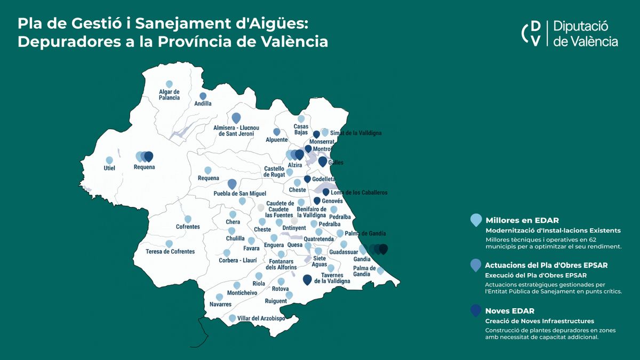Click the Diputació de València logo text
[x=586, y=34]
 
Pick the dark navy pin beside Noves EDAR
[x=476, y=311]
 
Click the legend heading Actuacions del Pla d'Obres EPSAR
[x=546, y=265]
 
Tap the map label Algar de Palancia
[x=169, y=95]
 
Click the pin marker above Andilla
[x=203, y=97]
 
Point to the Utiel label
[x=109, y=168]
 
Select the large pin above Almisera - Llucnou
[x=236, y=117]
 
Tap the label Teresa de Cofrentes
[x=170, y=251]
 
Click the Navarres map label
[x=221, y=305]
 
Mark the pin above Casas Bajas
[x=301, y=118]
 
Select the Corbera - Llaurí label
[x=237, y=260]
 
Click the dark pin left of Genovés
[x=317, y=201]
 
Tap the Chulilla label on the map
[x=235, y=238]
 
